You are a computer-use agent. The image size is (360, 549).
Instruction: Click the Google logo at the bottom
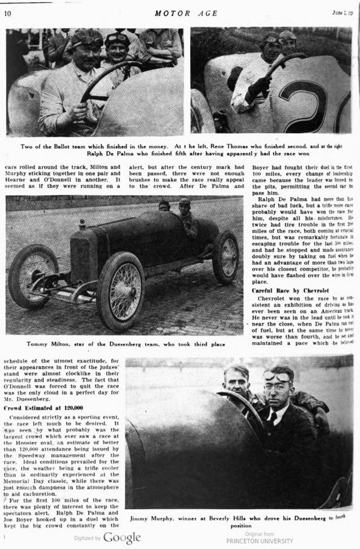click(122, 537)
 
